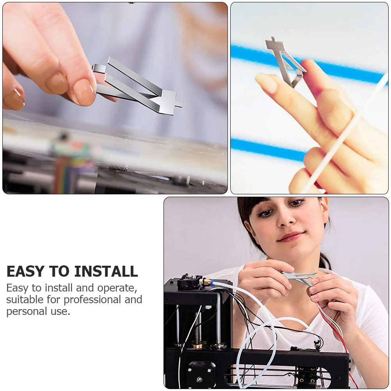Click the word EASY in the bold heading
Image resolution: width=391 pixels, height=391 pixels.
click(x=26, y=271)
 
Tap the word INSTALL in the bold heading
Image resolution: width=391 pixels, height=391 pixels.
click(x=106, y=271)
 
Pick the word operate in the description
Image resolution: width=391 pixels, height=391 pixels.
click(x=117, y=288)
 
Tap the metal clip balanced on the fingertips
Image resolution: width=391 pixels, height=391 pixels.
click(x=284, y=62)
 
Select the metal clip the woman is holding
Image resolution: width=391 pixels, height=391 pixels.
click(x=299, y=277)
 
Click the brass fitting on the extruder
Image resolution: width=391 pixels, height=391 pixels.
click(x=206, y=282)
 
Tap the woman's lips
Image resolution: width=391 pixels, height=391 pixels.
click(x=291, y=236)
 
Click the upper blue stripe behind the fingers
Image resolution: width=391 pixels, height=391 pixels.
click(x=307, y=61)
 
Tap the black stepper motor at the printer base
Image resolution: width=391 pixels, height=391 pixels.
click(x=199, y=374)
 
